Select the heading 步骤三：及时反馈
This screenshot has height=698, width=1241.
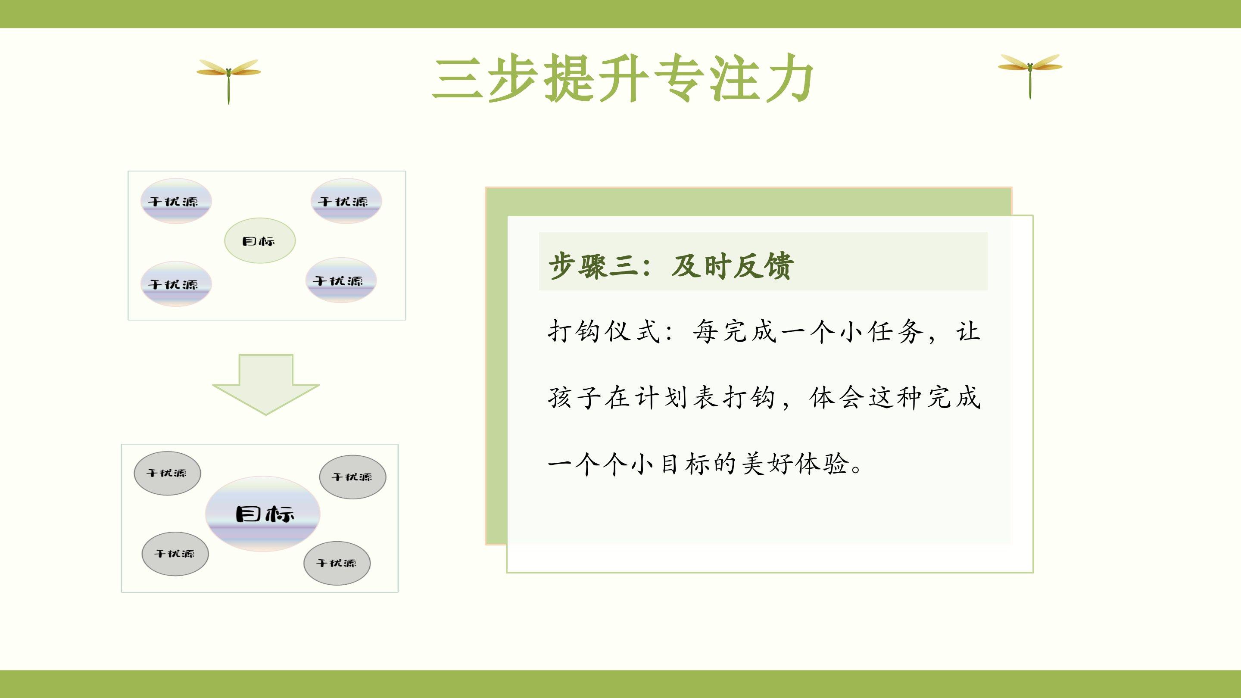670,265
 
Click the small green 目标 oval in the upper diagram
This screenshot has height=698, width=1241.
260,240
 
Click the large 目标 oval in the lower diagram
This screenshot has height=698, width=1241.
263,514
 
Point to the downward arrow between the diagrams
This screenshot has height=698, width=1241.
265,384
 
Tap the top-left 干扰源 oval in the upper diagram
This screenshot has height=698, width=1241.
176,201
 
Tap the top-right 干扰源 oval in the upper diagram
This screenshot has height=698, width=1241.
346,201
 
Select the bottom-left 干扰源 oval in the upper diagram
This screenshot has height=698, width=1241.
176,284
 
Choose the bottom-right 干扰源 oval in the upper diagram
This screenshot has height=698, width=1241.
340,280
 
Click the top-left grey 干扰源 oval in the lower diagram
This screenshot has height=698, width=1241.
167,473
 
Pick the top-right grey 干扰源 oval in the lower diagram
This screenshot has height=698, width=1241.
352,477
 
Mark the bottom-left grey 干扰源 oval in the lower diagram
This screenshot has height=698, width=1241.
175,554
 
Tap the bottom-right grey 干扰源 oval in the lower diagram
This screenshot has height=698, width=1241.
337,563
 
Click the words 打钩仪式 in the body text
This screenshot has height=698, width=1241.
604,331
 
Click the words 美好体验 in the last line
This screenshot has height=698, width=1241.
795,464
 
